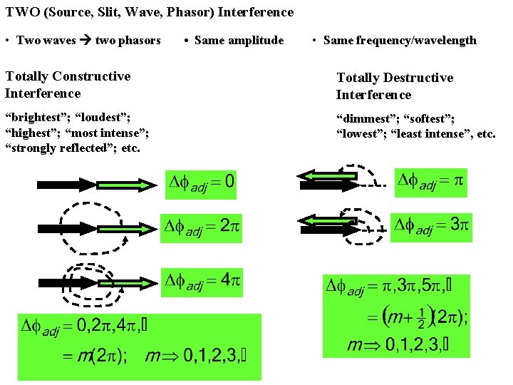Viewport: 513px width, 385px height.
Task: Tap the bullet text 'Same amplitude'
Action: [239, 40]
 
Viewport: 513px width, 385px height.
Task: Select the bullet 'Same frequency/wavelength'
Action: [400, 40]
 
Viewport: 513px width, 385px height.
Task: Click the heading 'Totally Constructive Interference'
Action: [68, 84]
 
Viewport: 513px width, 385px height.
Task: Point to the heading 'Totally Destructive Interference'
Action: [394, 86]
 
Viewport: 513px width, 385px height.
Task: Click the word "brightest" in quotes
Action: [33, 117]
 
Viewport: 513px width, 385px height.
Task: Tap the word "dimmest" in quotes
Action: [364, 118]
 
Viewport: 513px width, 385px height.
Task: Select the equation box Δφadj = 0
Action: [200, 183]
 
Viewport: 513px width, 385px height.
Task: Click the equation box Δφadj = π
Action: [430, 182]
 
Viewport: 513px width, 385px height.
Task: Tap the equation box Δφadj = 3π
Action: [430, 227]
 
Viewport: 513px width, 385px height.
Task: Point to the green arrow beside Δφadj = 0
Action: [129, 185]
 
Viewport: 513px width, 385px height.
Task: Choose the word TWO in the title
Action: [19, 12]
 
